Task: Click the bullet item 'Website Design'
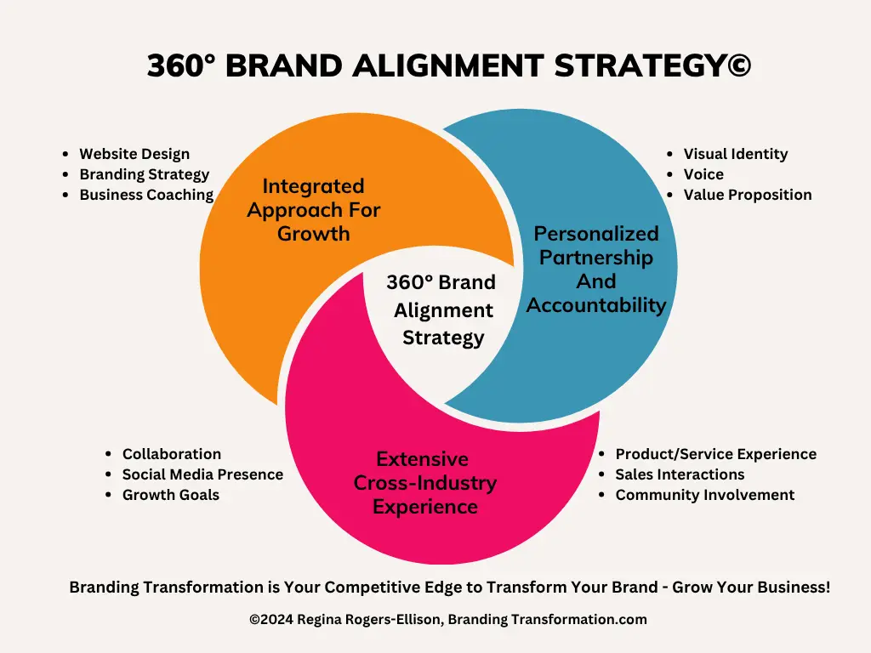134,154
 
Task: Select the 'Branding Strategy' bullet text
144,174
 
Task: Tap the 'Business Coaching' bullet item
146,195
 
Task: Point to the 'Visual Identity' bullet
735,154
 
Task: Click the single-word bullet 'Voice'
703,174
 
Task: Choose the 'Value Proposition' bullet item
747,195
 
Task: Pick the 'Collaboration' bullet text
171,454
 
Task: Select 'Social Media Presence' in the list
202,474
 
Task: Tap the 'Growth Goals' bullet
170,495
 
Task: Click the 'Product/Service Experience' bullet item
715,454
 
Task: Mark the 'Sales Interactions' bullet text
680,474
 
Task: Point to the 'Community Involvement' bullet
704,495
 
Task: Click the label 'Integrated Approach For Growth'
314,209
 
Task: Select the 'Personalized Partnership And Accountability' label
596,269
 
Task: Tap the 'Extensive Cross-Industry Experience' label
424,483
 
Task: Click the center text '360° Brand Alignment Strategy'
441,309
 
